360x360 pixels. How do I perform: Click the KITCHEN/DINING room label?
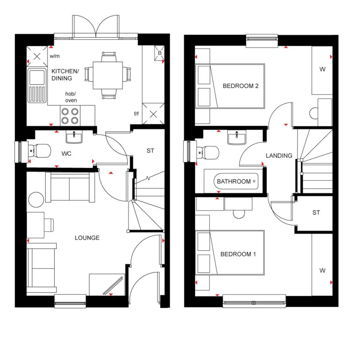tap(65, 75)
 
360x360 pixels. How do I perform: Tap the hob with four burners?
tap(70, 116)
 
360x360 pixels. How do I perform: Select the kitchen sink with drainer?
tap(37, 86)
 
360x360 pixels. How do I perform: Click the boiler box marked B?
tap(159, 53)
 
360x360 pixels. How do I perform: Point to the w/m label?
tap(54, 56)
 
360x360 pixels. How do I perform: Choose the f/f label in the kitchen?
tap(136, 114)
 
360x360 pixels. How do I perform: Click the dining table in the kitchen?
tap(108, 75)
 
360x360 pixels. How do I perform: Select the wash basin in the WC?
tap(74, 137)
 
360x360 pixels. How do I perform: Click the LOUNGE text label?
tap(87, 238)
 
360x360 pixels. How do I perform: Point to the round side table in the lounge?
tap(36, 200)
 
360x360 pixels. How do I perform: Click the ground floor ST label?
tap(150, 150)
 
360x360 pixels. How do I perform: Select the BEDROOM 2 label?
tap(241, 86)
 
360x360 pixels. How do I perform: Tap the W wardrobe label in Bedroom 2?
tap(322, 69)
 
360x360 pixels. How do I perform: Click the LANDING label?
tap(279, 156)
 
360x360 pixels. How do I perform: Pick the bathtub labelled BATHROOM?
tap(233, 181)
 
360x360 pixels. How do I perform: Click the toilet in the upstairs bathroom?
tap(208, 152)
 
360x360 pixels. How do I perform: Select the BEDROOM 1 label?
tap(238, 254)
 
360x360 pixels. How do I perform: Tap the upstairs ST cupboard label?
tap(316, 213)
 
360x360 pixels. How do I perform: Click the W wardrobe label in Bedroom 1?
tap(322, 270)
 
